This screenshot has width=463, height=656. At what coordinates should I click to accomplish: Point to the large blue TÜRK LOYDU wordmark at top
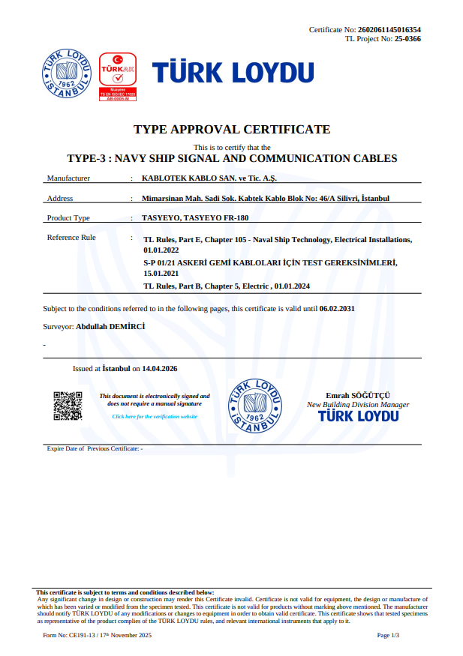[x=233, y=73]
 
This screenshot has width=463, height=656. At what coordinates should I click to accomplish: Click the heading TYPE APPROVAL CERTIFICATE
[x=232, y=130]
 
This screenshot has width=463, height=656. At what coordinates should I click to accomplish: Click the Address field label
[x=60, y=199]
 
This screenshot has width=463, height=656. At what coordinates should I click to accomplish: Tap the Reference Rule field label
[x=71, y=238]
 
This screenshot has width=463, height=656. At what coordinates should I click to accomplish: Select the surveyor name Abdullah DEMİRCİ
[x=110, y=327]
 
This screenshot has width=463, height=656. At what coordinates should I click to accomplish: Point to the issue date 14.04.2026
[x=160, y=369]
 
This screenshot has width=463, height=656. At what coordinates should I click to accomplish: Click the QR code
[x=68, y=406]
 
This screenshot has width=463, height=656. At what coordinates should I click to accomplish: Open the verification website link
[x=155, y=416]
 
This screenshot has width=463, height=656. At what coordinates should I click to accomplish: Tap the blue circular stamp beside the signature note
[x=256, y=406]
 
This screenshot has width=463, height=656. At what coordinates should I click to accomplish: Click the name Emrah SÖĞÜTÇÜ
[x=358, y=395]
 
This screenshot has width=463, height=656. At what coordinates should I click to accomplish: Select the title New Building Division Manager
[x=358, y=405]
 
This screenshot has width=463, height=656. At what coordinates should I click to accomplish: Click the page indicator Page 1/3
[x=388, y=635]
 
